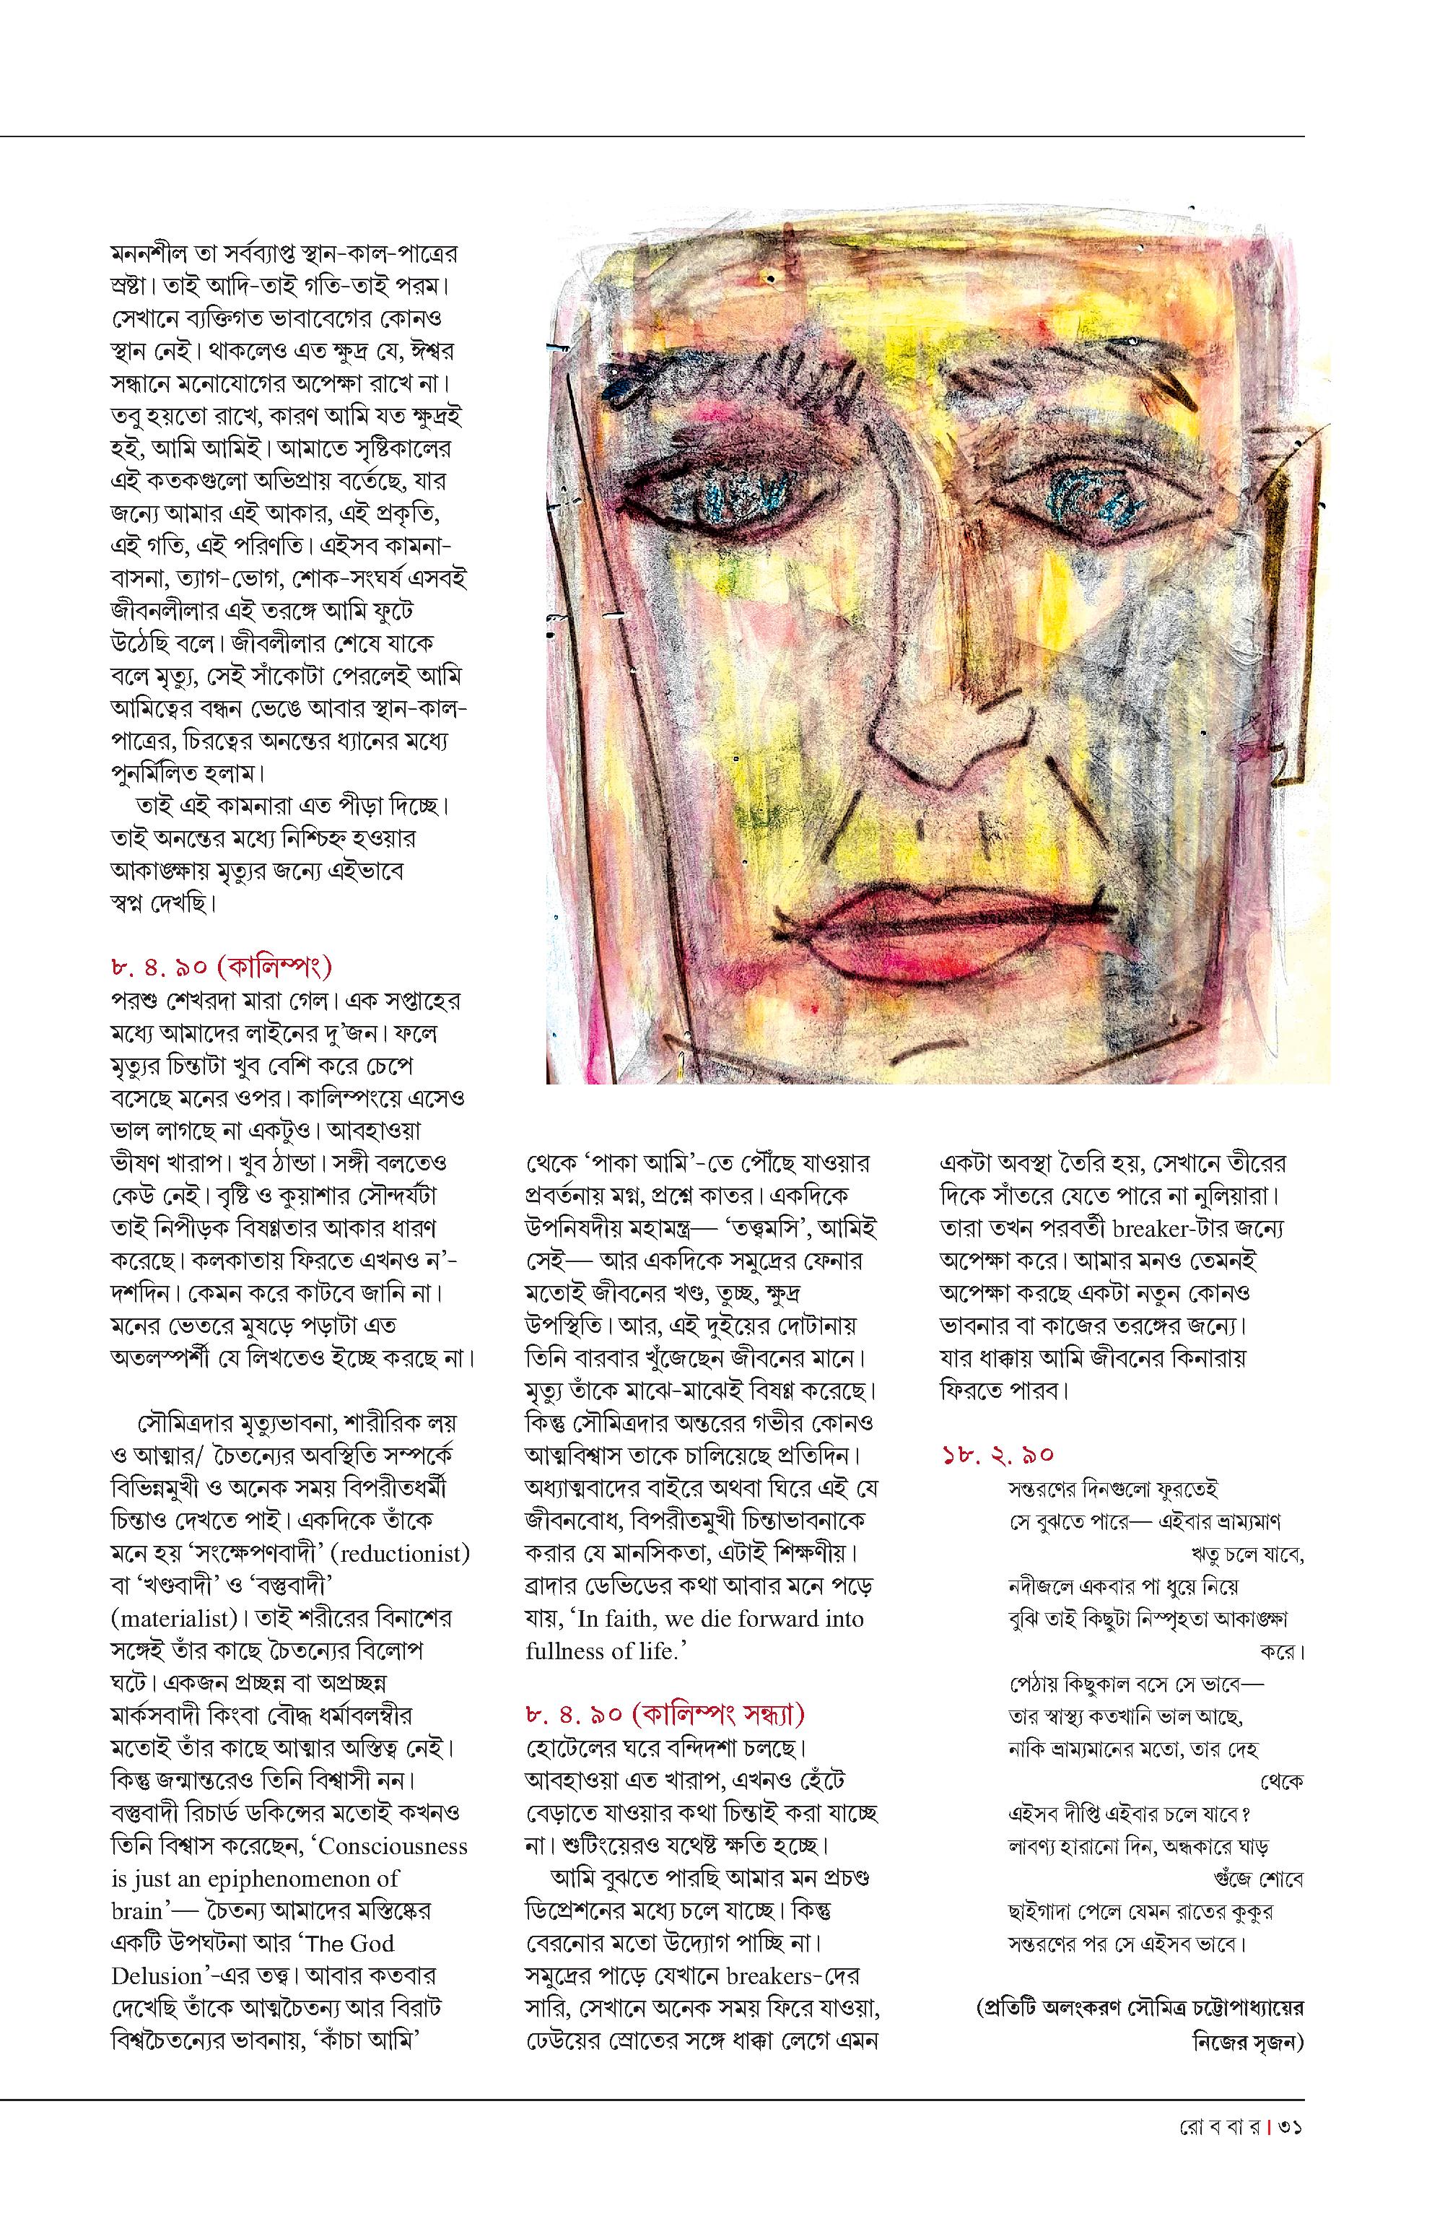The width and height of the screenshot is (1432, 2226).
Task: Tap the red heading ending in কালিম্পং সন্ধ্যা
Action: (665, 1713)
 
